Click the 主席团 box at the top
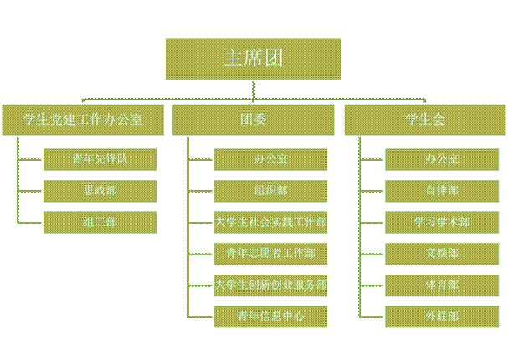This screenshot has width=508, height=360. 253,59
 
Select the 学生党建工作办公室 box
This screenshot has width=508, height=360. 83,120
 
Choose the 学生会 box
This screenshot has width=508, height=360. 424,120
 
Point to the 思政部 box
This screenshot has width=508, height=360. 100,190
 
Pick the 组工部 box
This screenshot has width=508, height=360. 100,222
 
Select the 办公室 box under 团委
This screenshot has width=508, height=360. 270,158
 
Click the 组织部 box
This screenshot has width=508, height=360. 270,190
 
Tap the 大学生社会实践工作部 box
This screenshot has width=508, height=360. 270,222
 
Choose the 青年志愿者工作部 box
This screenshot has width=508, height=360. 270,253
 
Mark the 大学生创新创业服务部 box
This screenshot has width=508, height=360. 270,285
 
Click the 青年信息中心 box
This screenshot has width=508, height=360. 270,316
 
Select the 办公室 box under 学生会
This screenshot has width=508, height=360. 441,158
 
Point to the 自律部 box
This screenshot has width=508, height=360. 441,190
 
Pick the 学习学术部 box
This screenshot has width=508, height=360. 441,222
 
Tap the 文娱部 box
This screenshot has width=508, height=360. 441,253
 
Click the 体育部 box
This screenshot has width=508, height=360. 441,285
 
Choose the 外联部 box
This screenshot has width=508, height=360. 441,316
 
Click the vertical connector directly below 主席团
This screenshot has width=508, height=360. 253,90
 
